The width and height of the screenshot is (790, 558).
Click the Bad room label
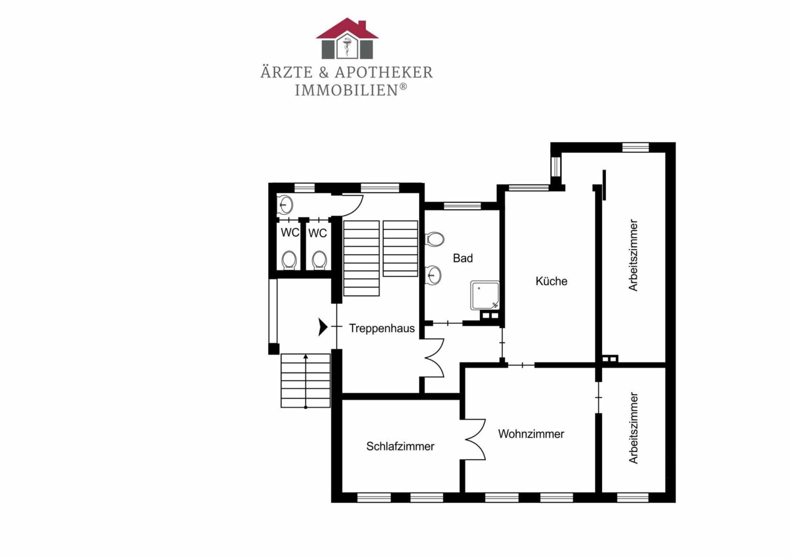(463, 258)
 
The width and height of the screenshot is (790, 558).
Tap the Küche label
(551, 281)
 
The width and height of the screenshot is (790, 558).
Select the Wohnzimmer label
(531, 434)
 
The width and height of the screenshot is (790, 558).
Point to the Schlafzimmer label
(400, 446)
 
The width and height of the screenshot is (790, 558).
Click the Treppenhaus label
(382, 329)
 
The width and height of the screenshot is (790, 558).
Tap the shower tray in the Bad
(485, 295)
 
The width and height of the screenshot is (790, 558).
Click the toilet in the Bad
(435, 239)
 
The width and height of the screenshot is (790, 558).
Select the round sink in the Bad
(433, 275)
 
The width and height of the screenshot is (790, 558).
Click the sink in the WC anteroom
(286, 204)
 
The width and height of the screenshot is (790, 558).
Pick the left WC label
(290, 233)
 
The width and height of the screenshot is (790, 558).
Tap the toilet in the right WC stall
(319, 260)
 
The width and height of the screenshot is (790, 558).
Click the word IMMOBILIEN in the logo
(347, 90)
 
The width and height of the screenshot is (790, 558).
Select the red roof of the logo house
(347, 28)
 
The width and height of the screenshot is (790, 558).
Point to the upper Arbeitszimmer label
(633, 255)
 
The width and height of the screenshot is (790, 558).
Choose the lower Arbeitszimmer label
(633, 428)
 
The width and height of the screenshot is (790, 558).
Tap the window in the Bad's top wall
(462, 206)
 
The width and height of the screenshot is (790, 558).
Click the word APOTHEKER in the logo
(383, 72)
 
